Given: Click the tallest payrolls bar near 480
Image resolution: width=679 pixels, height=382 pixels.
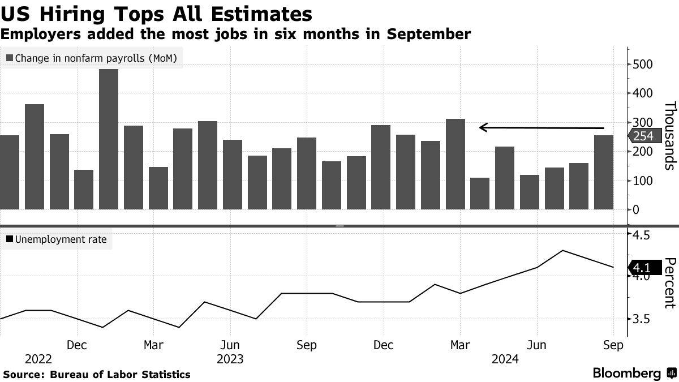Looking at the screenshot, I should [x=109, y=139].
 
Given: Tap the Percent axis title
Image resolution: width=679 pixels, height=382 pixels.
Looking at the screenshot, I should [x=670, y=283].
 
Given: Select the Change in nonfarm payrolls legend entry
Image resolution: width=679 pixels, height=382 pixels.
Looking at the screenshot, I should [x=94, y=58].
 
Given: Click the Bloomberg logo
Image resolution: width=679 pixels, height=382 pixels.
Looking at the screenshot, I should [x=634, y=374].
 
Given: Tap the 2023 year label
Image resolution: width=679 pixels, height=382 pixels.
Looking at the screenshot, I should [x=229, y=359].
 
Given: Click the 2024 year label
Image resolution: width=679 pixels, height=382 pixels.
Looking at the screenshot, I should [x=505, y=359].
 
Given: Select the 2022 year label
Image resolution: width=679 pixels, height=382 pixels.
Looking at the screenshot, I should [x=38, y=359].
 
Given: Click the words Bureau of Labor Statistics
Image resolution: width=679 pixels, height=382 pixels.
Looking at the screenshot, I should [x=120, y=374].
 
